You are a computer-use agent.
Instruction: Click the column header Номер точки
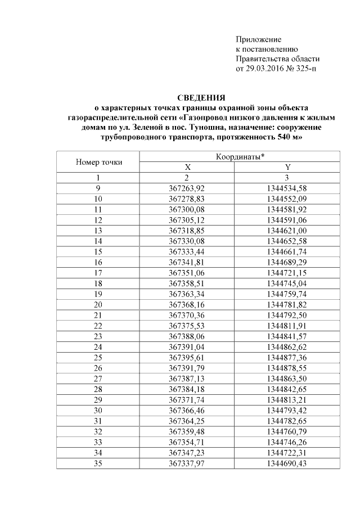[98, 162]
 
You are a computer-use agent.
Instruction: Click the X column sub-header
[188, 167]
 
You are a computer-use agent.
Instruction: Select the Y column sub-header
[287, 167]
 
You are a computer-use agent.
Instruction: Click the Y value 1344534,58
[287, 188]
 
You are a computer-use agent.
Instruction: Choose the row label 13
[98, 230]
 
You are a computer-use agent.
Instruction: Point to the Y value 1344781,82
[287, 304]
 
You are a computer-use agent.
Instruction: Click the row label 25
[98, 357]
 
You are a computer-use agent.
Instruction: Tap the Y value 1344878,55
[287, 368]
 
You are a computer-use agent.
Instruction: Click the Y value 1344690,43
[287, 463]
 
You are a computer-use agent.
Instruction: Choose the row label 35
[98, 463]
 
